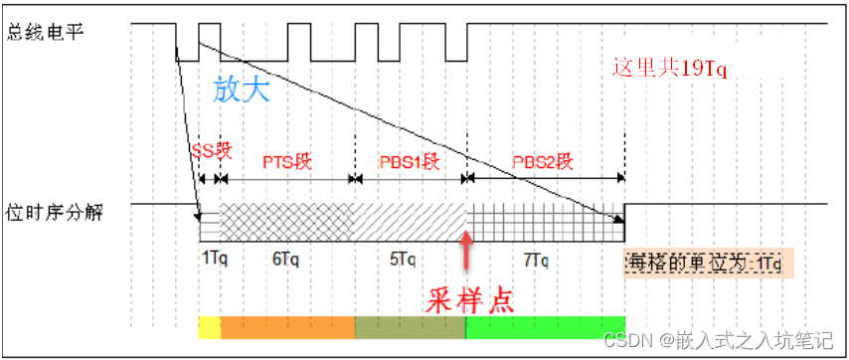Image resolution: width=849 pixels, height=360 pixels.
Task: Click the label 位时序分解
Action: coord(53,212)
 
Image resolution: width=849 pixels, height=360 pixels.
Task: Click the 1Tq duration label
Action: coord(214,259)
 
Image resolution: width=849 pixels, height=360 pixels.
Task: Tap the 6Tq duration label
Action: coord(285,259)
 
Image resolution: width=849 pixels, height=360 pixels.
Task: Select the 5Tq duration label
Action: coord(403,259)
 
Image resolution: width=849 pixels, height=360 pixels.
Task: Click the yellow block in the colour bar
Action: coord(209,327)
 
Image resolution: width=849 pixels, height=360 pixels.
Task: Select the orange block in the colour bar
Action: coord(287,327)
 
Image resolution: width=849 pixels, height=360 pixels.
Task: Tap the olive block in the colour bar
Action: coord(410,327)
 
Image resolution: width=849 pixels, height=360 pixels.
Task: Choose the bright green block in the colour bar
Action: coord(544,327)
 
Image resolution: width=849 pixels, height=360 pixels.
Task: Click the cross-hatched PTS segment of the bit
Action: coord(287,221)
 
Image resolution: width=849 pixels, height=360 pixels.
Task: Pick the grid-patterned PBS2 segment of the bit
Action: coord(544,221)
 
